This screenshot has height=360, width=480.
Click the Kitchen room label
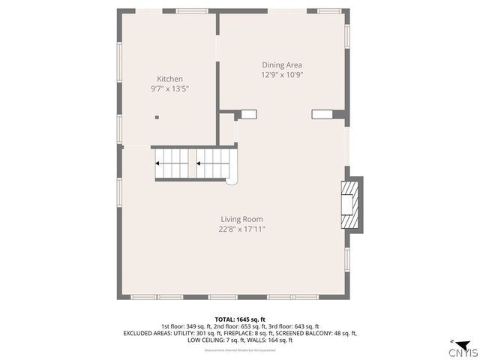click(169, 79)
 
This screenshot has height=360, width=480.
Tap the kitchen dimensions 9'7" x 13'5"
click(169, 88)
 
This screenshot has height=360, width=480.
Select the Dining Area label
click(281, 65)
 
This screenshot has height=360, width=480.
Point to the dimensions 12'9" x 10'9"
click(281, 75)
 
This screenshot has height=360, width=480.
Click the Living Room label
click(236, 219)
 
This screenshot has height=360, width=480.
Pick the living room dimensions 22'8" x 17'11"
click(236, 229)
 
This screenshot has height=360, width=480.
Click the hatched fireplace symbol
click(350, 203)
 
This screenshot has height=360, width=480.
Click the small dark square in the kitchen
click(157, 117)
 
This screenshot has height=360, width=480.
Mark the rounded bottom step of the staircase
click(232, 178)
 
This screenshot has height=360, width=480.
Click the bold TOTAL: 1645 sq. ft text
click(240, 319)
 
